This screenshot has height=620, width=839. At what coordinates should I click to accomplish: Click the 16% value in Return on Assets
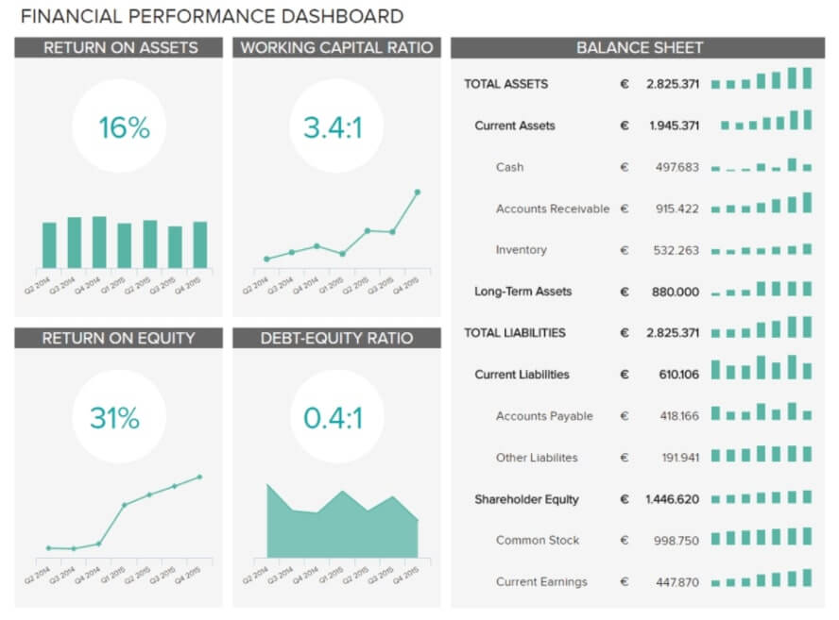click(x=124, y=127)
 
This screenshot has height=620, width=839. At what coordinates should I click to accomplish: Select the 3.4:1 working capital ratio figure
click(x=333, y=127)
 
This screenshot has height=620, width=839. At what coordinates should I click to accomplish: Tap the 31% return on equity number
click(x=114, y=418)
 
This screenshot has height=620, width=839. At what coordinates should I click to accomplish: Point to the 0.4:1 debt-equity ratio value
click(x=333, y=418)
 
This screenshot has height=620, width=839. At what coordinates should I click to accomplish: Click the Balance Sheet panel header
click(x=639, y=48)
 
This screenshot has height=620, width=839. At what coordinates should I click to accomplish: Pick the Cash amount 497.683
click(x=676, y=167)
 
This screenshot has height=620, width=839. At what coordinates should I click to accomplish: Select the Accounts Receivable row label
click(x=552, y=209)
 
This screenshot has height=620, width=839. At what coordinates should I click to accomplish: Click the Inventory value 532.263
click(x=676, y=250)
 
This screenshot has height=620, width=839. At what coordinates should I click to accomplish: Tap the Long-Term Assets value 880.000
click(x=675, y=292)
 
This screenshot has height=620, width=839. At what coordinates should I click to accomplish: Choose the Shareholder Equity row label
click(x=526, y=499)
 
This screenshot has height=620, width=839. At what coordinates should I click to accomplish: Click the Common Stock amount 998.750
click(x=676, y=541)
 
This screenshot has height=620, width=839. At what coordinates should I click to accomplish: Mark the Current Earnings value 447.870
click(x=676, y=582)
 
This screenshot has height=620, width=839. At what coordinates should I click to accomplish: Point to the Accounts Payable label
click(x=543, y=416)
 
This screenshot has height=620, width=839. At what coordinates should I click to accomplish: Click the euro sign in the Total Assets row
click(x=624, y=84)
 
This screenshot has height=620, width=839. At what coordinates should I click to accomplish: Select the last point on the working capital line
click(x=417, y=193)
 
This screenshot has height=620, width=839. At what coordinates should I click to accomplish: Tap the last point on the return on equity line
click(x=199, y=477)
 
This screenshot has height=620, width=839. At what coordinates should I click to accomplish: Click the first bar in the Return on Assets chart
click(x=49, y=245)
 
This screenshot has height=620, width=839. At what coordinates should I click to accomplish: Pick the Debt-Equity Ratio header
click(x=336, y=338)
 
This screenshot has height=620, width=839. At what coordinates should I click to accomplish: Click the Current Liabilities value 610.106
click(x=678, y=375)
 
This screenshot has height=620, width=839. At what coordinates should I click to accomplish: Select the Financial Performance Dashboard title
click(x=212, y=16)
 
